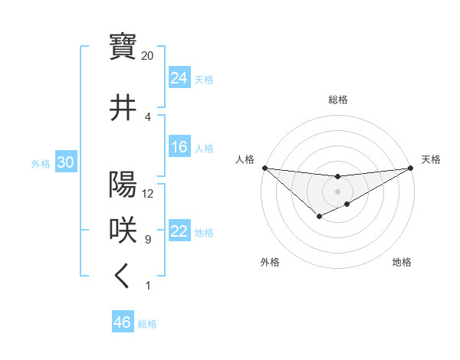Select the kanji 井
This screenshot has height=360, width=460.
[x=123, y=107]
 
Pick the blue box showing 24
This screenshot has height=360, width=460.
[x=179, y=77]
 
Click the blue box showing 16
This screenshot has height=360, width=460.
[x=179, y=147]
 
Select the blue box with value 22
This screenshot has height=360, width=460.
[x=179, y=231]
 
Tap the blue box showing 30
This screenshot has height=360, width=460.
[x=65, y=162]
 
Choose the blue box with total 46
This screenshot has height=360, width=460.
[x=122, y=322]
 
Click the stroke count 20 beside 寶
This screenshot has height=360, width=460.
[x=147, y=56]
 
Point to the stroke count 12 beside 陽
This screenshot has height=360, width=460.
[x=148, y=193]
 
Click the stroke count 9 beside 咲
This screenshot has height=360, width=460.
[x=147, y=240]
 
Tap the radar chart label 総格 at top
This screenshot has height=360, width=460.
[x=337, y=100]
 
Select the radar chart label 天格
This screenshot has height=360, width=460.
[x=431, y=159]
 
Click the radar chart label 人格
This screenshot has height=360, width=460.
[x=245, y=159]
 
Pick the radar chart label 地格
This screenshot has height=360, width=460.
[x=402, y=262]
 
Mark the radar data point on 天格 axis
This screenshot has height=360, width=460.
[x=411, y=168]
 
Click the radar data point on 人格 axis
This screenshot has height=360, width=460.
[x=264, y=168]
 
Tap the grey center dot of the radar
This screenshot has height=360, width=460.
[x=337, y=191]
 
